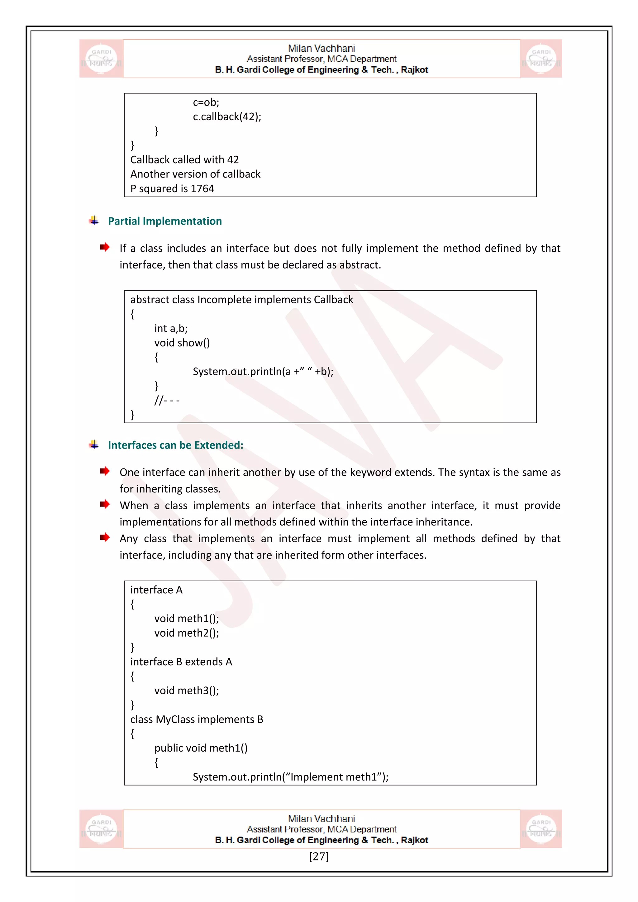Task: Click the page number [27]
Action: pos(319,856)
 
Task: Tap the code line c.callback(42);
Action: pos(227,117)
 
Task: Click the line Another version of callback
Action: pos(195,174)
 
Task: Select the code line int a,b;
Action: pos(171,328)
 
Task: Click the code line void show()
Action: pos(182,343)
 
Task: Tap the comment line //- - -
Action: pos(167,400)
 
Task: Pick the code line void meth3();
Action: pos(187,691)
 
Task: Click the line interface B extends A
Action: pos(181,662)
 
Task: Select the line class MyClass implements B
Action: pos(197,719)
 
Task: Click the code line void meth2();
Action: pos(187,633)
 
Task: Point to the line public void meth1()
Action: pos(201,748)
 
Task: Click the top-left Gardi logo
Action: pos(101,59)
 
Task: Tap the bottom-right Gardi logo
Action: pos(541,829)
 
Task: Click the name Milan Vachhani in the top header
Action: pos(321,48)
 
